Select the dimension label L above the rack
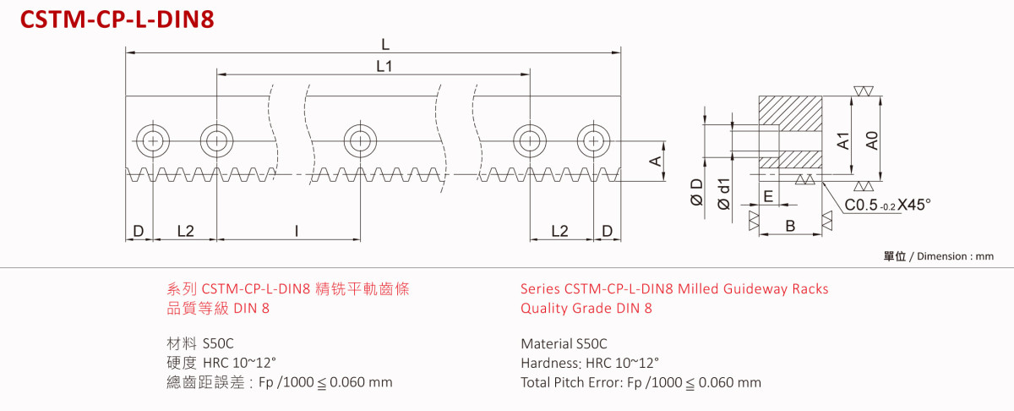tap(384, 44)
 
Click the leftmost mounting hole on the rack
tap(152, 140)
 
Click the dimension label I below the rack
tap(296, 230)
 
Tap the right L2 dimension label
tap(559, 230)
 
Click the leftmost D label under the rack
tap(138, 230)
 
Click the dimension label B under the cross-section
tap(789, 226)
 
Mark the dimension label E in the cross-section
tap(767, 196)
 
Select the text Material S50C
tap(564, 344)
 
